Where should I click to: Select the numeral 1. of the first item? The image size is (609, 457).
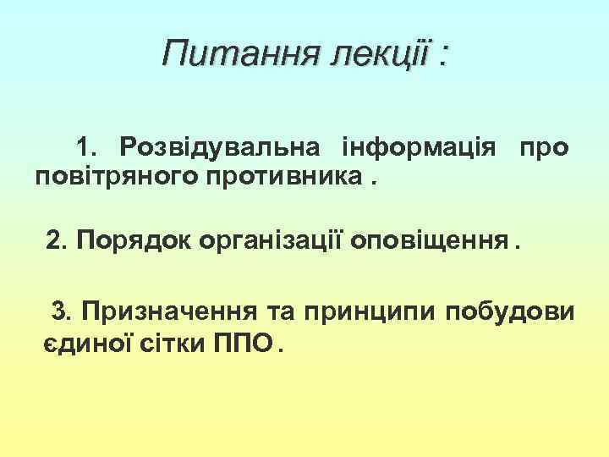87,147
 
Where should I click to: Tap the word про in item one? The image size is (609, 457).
543,147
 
